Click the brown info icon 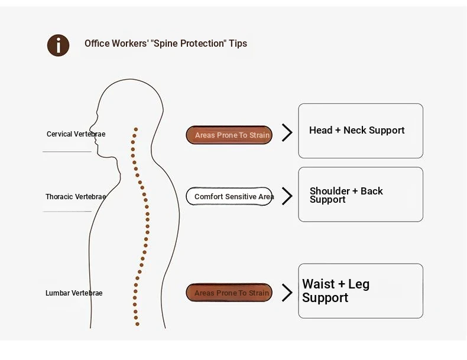59,46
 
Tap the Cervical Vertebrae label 76,134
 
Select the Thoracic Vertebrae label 76,196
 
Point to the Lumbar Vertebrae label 74,293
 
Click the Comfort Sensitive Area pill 229,196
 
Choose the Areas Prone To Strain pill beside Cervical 229,135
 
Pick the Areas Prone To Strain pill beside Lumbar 229,293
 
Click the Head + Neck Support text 357,130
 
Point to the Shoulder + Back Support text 346,195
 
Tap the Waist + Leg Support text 336,291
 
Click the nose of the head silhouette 90,127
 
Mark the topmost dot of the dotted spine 136,129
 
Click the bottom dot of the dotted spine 137,324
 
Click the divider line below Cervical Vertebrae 67,151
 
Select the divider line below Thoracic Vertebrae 67,212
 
